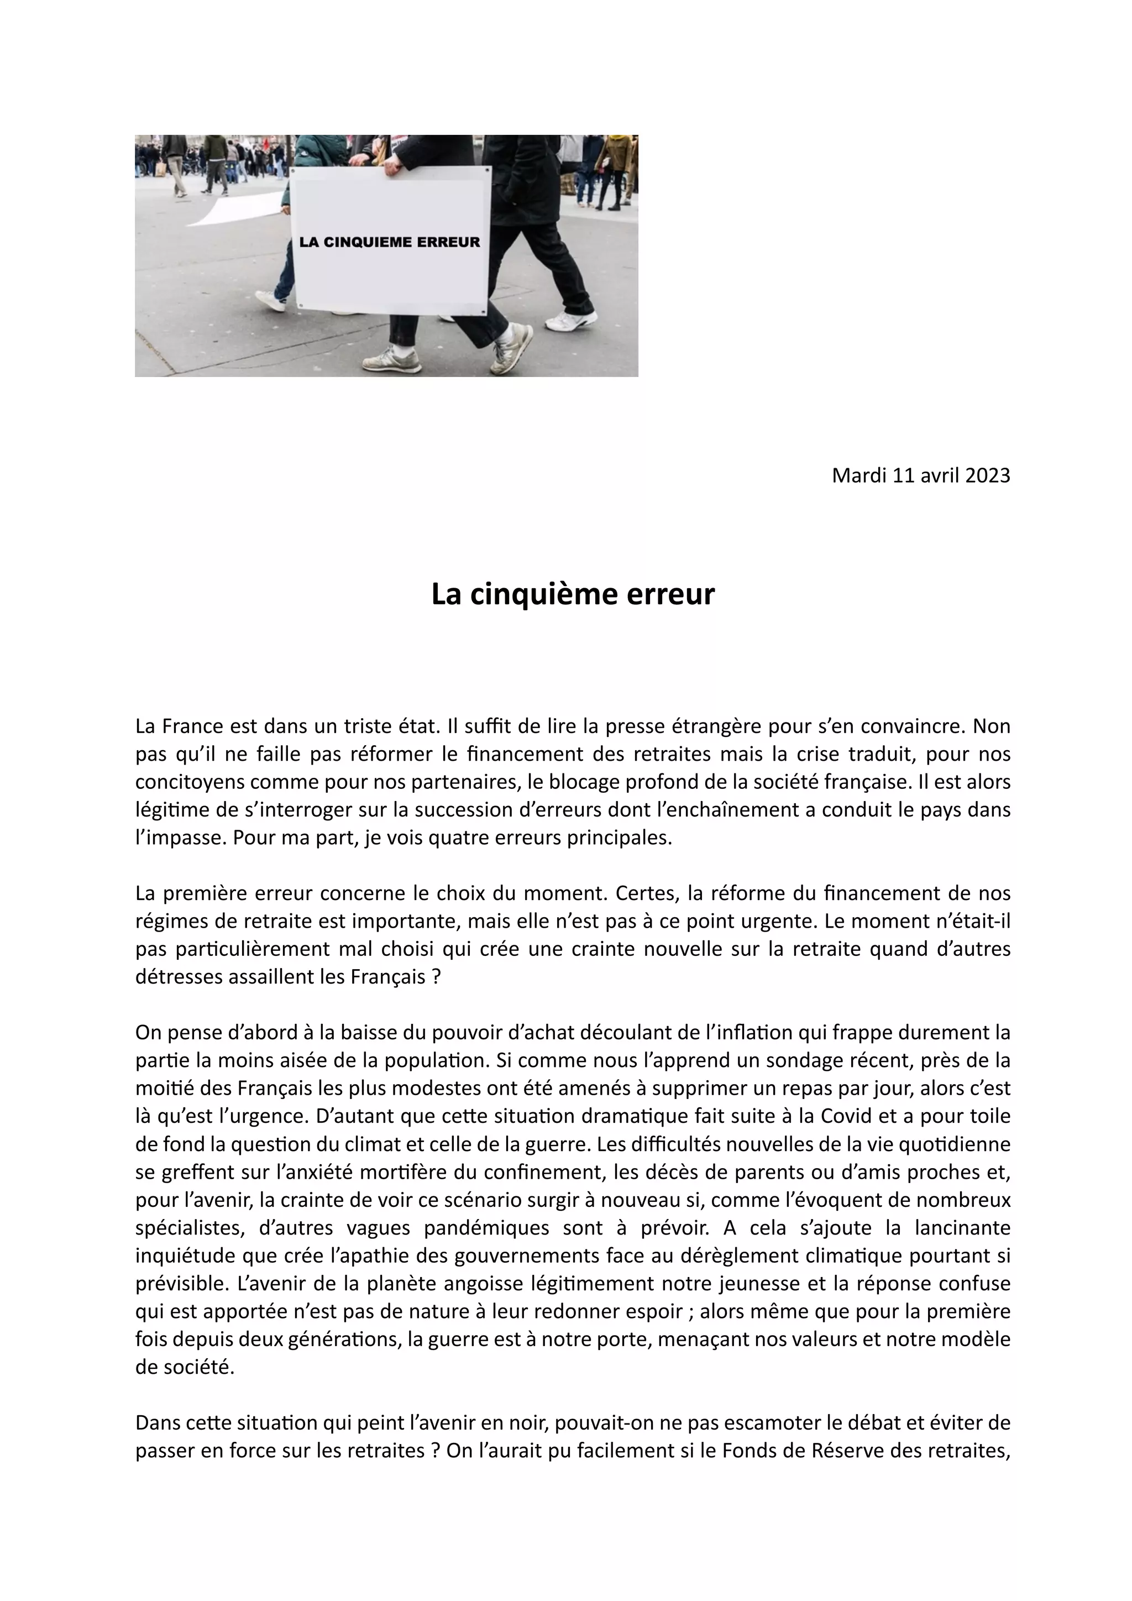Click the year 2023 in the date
pos(988,475)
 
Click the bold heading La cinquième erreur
pos(573,594)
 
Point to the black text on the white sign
pos(390,243)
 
